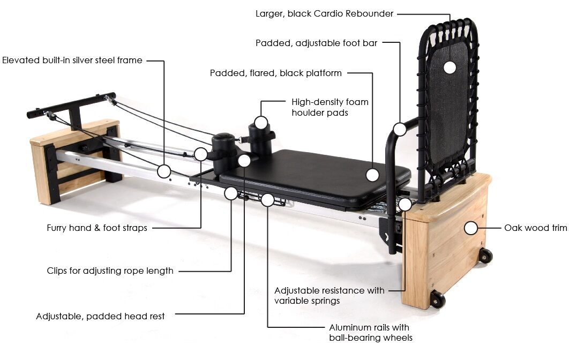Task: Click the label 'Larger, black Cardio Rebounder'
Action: coord(324,13)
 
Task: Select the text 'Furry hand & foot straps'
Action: coord(97,228)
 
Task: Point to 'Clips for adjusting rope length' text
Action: coord(110,271)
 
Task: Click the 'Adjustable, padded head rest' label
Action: coord(100,316)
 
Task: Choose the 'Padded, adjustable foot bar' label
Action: coord(316,43)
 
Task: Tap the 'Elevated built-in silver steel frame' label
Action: coord(72,61)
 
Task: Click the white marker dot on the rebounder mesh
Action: coord(450,67)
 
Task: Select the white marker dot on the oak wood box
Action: coord(470,228)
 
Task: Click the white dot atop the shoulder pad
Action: coord(261,123)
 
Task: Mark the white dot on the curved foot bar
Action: coord(399,129)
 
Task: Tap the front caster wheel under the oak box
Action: coord(438,300)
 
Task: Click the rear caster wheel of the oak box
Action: coord(485,256)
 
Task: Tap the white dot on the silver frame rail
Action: coord(164,171)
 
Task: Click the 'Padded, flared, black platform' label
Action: coord(275,73)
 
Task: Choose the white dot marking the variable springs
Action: coord(405,204)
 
